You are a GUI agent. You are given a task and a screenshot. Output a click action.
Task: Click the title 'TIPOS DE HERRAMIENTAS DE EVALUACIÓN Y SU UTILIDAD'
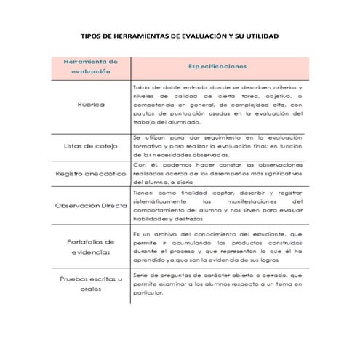pos(179,36)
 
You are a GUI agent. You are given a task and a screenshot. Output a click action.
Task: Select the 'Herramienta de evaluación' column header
pos(91,67)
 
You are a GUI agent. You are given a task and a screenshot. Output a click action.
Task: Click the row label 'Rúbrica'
pos(91,104)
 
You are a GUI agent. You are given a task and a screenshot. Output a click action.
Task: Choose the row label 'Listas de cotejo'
pos(91,145)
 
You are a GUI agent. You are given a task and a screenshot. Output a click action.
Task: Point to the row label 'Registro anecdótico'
pos(91,174)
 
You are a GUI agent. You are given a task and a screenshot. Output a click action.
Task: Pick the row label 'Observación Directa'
pos(91,205)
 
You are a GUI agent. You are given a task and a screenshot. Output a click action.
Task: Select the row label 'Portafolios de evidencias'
pos(91,247)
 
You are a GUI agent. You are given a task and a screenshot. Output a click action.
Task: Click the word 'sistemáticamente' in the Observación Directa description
pos(159,201)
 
